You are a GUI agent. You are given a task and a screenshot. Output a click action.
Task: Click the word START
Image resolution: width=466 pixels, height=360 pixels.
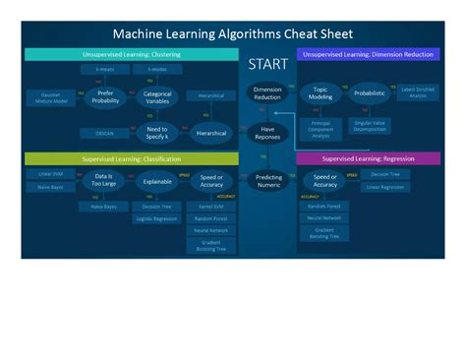[267, 65]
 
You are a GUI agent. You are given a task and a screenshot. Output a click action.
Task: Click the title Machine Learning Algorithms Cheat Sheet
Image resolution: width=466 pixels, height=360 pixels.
[232, 33]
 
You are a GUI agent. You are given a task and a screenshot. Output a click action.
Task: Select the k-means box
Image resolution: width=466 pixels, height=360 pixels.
[105, 71]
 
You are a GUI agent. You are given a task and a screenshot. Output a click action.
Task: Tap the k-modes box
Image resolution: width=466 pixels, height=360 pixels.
[157, 71]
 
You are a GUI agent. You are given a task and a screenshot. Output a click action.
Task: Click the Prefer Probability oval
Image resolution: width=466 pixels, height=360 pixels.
[104, 96]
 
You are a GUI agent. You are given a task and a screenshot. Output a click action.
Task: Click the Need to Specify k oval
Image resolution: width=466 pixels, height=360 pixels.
[157, 132]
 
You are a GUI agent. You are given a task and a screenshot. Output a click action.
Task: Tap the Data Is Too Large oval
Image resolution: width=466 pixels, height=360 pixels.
[104, 180]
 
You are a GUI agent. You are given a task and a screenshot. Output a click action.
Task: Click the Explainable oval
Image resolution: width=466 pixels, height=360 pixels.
[157, 181]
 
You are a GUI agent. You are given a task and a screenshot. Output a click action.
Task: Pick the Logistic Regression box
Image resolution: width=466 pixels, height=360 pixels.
[157, 218]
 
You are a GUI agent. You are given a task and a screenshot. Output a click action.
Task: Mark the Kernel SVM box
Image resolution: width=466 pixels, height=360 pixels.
[211, 207]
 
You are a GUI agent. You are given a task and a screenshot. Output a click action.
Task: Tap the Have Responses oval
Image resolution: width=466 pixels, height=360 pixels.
[267, 133]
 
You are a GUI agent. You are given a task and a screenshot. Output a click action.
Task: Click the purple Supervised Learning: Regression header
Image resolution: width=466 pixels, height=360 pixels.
[370, 158]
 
